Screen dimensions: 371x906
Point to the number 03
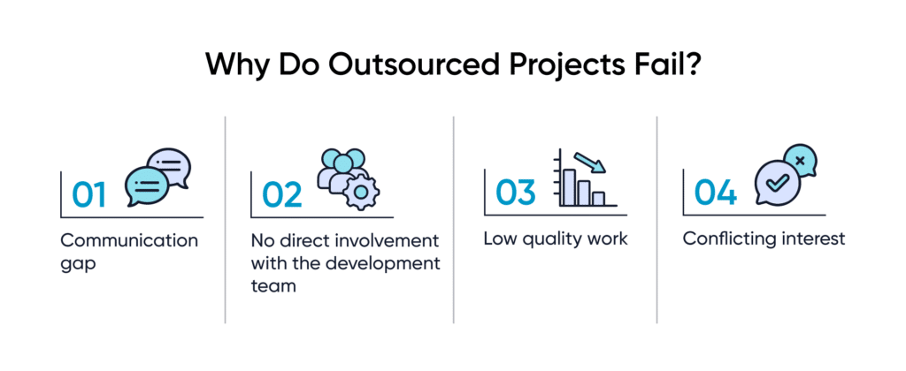pyautogui.click(x=516, y=193)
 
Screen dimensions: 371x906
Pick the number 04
pyautogui.click(x=715, y=193)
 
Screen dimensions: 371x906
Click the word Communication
pyautogui.click(x=129, y=240)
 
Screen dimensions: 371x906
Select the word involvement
pyautogui.click(x=391, y=240)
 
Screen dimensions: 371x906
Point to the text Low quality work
pyautogui.click(x=555, y=239)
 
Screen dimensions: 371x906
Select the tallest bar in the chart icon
pyautogui.click(x=568, y=185)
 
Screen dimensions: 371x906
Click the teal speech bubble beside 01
pyautogui.click(x=147, y=185)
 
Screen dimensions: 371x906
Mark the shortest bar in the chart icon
pyautogui.click(x=598, y=199)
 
